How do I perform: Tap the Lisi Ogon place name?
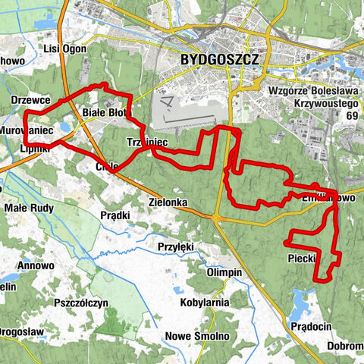point(63,49)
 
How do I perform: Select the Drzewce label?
point(31,100)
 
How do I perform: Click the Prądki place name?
point(115,215)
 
